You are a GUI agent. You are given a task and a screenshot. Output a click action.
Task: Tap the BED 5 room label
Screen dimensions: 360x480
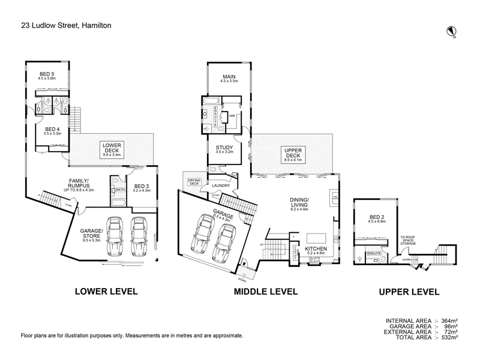pos(47,75)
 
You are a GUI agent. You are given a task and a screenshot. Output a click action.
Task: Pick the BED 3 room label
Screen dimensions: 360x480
pos(143,187)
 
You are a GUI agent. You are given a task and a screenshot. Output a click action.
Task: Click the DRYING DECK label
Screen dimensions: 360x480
pos(194,182)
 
